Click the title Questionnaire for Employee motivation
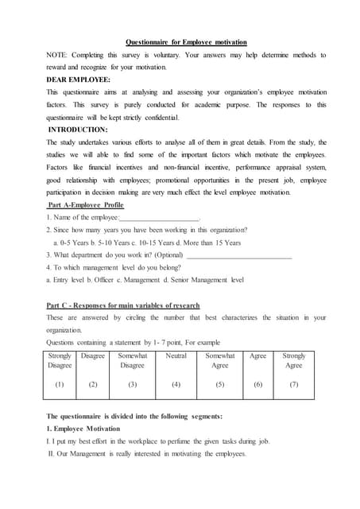(x=187, y=41)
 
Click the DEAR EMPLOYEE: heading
(x=79, y=80)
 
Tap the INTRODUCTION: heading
(x=83, y=129)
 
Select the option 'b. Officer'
(x=106, y=280)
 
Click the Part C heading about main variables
(x=123, y=305)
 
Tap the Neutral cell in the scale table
(x=176, y=356)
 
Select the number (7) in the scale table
(x=293, y=384)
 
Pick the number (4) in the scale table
(x=176, y=384)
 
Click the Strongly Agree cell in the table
(x=293, y=360)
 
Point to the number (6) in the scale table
(x=257, y=384)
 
